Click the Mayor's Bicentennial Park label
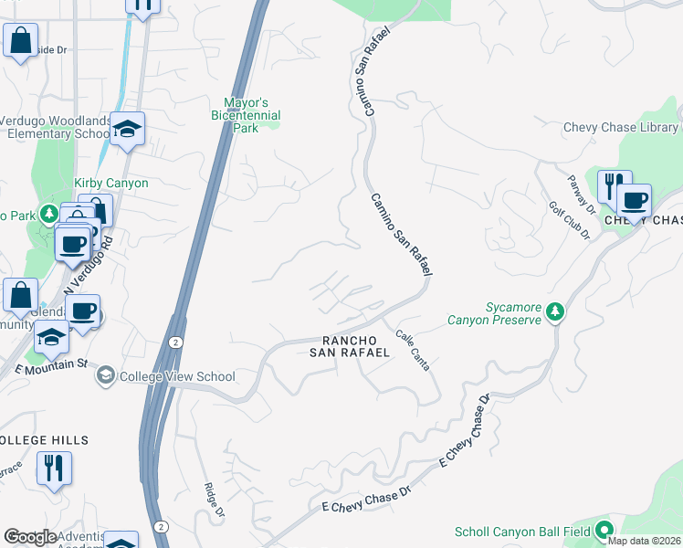pos(253,116)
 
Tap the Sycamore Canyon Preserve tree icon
pos(554,313)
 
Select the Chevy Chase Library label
pos(620,128)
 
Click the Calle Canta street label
pos(413,351)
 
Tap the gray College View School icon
pos(107,376)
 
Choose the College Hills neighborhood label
pos(44,440)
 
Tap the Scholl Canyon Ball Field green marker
pos(604,531)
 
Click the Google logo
pos(30,537)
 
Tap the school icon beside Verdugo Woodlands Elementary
pos(128,128)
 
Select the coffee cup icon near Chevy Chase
pos(634,200)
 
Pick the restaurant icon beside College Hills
pos(54,469)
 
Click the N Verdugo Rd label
pos(89,268)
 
